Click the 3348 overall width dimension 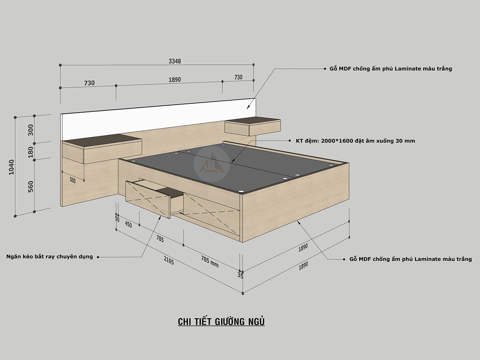click(175, 61)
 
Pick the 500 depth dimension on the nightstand click(72, 180)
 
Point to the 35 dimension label click(240, 275)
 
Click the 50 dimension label click(117, 219)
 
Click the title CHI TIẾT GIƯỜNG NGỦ click(221, 322)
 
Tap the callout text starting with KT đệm click(355, 141)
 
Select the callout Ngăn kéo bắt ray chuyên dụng click(50, 256)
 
